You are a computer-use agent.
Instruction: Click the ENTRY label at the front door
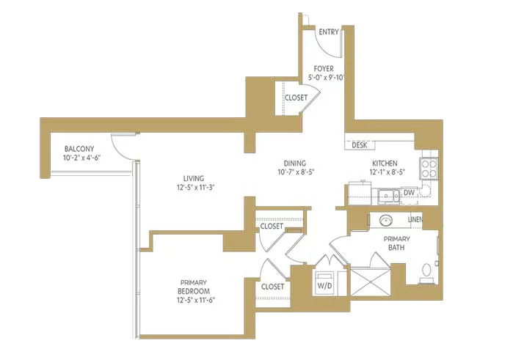pyautogui.click(x=329, y=32)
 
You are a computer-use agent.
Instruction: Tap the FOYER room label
pyautogui.click(x=324, y=69)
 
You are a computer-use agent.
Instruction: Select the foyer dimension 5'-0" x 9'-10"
pyautogui.click(x=327, y=78)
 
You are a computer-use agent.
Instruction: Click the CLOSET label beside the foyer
pyautogui.click(x=296, y=98)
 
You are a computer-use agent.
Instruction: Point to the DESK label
pyautogui.click(x=360, y=145)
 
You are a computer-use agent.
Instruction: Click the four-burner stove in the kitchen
pyautogui.click(x=429, y=168)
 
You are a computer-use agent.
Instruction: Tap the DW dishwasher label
pyautogui.click(x=409, y=193)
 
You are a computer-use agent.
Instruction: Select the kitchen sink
pyautogui.click(x=389, y=196)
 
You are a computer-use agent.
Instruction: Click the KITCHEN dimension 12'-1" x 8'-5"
pyautogui.click(x=388, y=172)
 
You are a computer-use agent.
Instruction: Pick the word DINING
pyautogui.click(x=295, y=164)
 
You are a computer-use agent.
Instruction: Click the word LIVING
pyautogui.click(x=194, y=178)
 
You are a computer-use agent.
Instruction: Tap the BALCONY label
pyautogui.click(x=79, y=149)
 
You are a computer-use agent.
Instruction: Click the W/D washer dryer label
pyautogui.click(x=324, y=285)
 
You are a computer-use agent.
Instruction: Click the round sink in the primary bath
pyautogui.click(x=386, y=221)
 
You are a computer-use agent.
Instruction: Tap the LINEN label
pyautogui.click(x=415, y=220)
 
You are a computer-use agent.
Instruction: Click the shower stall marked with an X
pyautogui.click(x=371, y=282)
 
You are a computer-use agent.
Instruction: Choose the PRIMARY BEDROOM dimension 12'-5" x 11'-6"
pyautogui.click(x=196, y=300)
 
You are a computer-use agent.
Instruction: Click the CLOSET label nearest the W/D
pyautogui.click(x=272, y=287)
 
